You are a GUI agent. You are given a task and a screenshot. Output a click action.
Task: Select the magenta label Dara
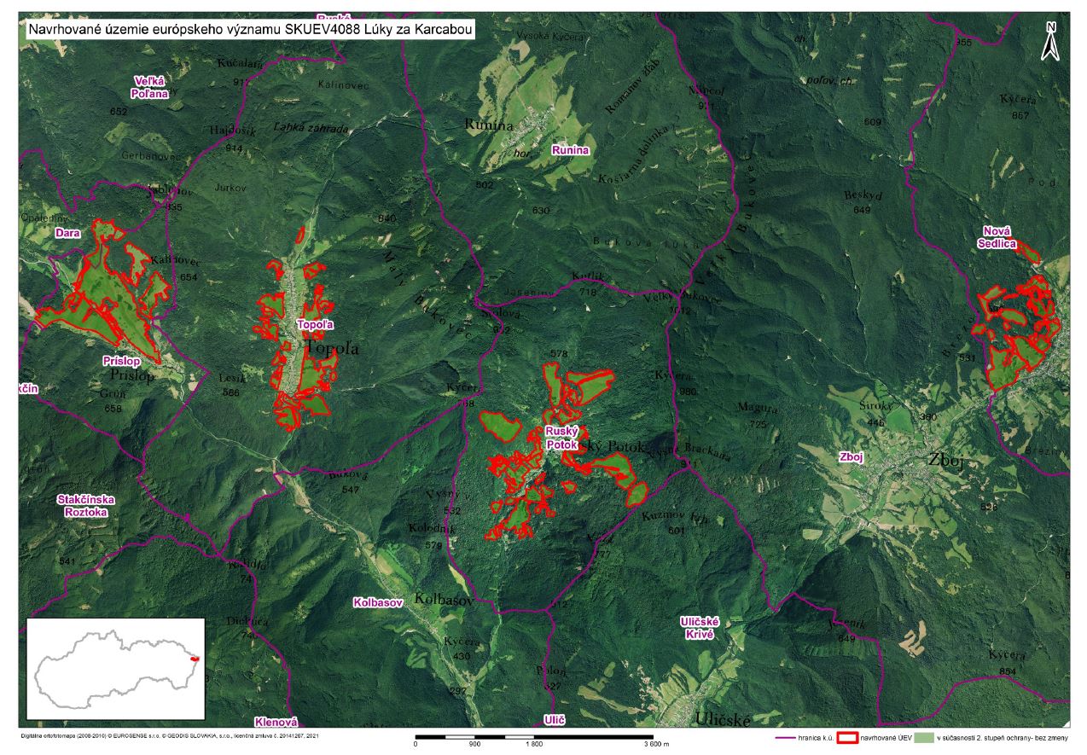(x=67, y=232)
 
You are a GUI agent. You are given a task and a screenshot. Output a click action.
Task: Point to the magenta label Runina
(x=570, y=151)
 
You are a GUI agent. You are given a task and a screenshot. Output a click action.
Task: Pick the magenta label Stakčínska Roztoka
(x=86, y=506)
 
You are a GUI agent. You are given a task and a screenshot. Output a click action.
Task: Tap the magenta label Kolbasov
(x=378, y=603)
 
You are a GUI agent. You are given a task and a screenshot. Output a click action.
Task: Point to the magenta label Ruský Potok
(x=563, y=438)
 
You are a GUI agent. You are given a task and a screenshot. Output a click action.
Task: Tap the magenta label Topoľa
(x=313, y=325)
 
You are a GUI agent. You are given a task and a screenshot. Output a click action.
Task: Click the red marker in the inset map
(x=195, y=659)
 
